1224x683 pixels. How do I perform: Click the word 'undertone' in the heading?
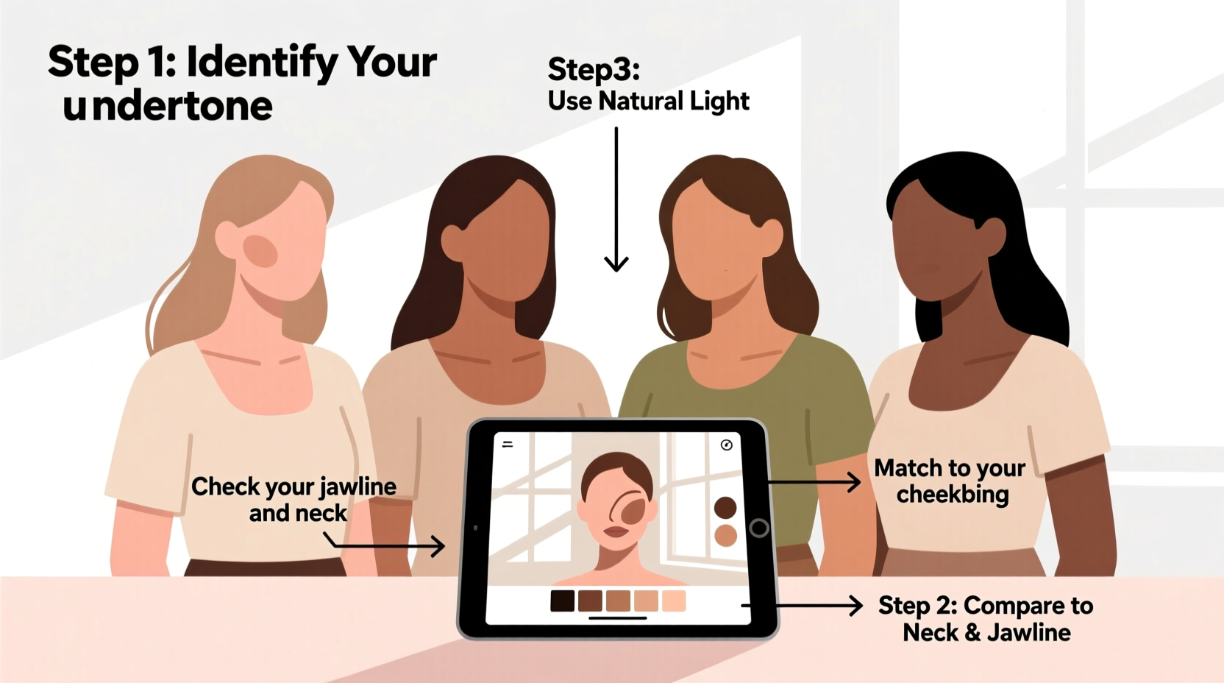(x=168, y=107)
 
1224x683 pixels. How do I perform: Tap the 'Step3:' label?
(x=594, y=69)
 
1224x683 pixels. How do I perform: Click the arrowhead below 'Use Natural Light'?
(x=616, y=263)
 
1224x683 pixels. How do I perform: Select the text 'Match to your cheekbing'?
(x=950, y=481)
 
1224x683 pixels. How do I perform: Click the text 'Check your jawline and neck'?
(x=294, y=499)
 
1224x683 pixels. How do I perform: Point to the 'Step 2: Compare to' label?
(x=985, y=605)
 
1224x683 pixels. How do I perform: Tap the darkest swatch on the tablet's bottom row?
(x=563, y=601)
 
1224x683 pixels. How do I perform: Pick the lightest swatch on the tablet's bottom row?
(x=674, y=601)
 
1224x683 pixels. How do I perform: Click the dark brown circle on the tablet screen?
(x=725, y=507)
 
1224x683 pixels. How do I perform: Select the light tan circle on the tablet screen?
(x=725, y=535)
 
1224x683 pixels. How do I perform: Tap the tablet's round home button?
(x=759, y=528)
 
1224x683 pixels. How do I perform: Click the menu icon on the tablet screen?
(x=508, y=445)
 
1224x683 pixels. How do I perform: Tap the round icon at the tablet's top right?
(x=727, y=445)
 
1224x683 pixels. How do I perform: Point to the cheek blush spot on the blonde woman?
(x=260, y=251)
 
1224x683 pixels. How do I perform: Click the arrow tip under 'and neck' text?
(x=439, y=546)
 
